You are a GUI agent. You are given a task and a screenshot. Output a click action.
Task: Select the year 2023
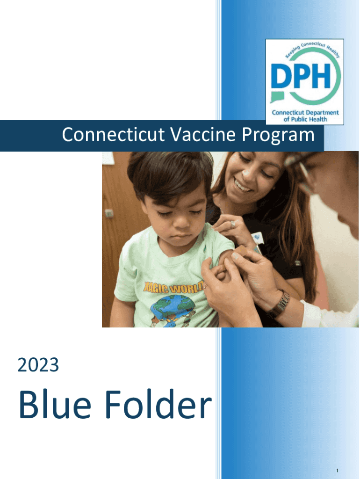coord(38,365)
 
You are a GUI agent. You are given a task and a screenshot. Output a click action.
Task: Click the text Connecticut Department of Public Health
coord(305,116)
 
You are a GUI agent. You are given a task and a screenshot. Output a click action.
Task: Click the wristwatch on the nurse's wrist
coord(279,304)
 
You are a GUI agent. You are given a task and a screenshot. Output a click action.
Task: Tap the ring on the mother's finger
coord(232,225)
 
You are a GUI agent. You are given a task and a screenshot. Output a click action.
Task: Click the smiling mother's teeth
coord(243,186)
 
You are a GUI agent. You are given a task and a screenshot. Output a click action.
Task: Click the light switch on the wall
coord(109,213)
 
